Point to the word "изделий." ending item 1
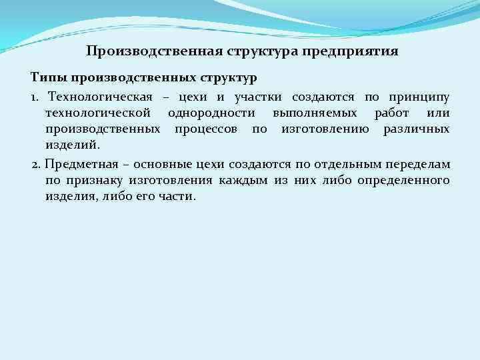click(x=71, y=143)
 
